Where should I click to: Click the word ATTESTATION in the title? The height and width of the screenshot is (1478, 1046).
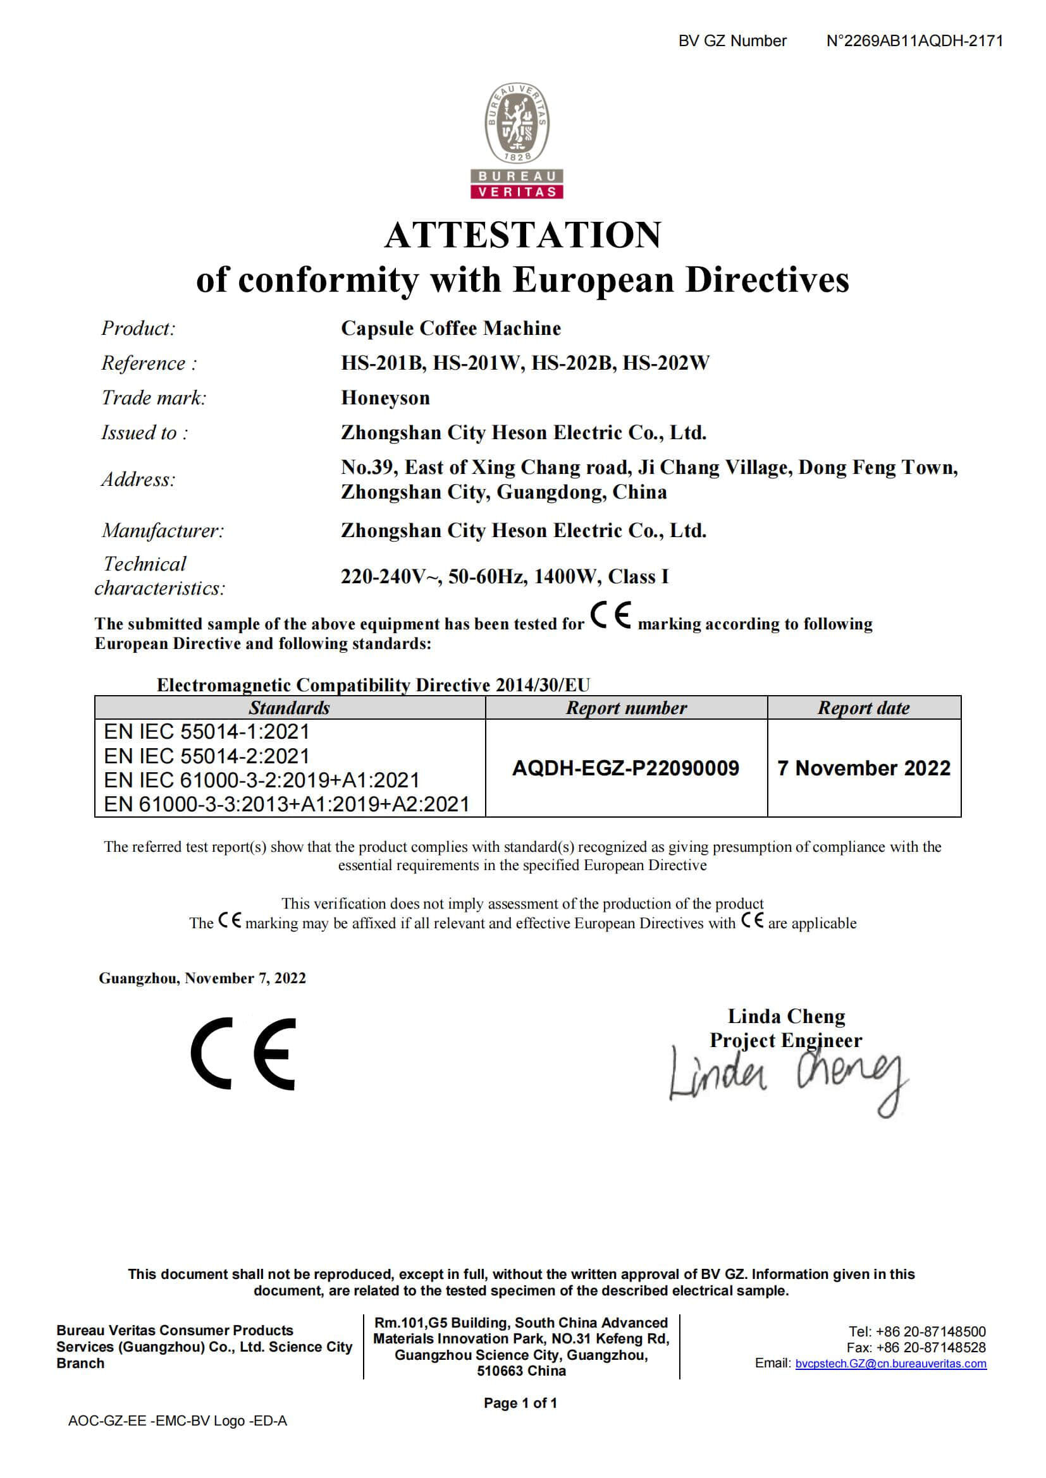point(522,235)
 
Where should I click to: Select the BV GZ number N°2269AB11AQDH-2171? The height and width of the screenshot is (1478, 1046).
point(914,41)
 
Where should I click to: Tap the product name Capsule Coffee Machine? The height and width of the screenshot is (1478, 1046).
point(451,329)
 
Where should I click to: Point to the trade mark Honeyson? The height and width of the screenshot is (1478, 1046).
point(385,398)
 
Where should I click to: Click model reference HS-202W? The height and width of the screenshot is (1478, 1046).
point(665,363)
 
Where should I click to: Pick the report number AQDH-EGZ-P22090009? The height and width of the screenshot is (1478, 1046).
point(625,768)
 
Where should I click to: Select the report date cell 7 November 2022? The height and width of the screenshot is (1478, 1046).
point(864,768)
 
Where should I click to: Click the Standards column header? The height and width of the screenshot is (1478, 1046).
point(289,708)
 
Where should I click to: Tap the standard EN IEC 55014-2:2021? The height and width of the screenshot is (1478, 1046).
point(206,756)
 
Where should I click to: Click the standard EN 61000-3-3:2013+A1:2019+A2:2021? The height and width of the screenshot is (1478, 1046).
point(286,804)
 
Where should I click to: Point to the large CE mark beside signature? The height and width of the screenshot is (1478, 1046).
point(243,1054)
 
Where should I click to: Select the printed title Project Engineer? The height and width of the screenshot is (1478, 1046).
point(786,1040)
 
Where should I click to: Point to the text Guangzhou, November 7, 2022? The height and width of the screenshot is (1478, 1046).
point(202,978)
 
